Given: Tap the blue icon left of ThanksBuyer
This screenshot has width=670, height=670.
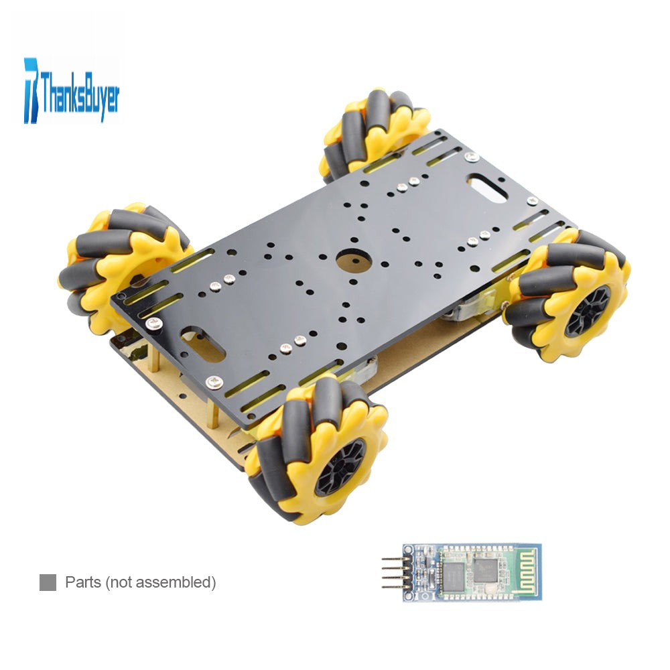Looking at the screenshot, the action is click(31, 90).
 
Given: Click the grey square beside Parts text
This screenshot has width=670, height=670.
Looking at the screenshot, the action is click(48, 582).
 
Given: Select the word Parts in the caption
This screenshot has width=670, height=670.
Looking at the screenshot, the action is click(83, 582).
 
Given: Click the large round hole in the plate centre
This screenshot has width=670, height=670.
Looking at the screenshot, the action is click(353, 260).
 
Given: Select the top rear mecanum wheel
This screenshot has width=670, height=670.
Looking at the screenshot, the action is click(375, 133).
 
